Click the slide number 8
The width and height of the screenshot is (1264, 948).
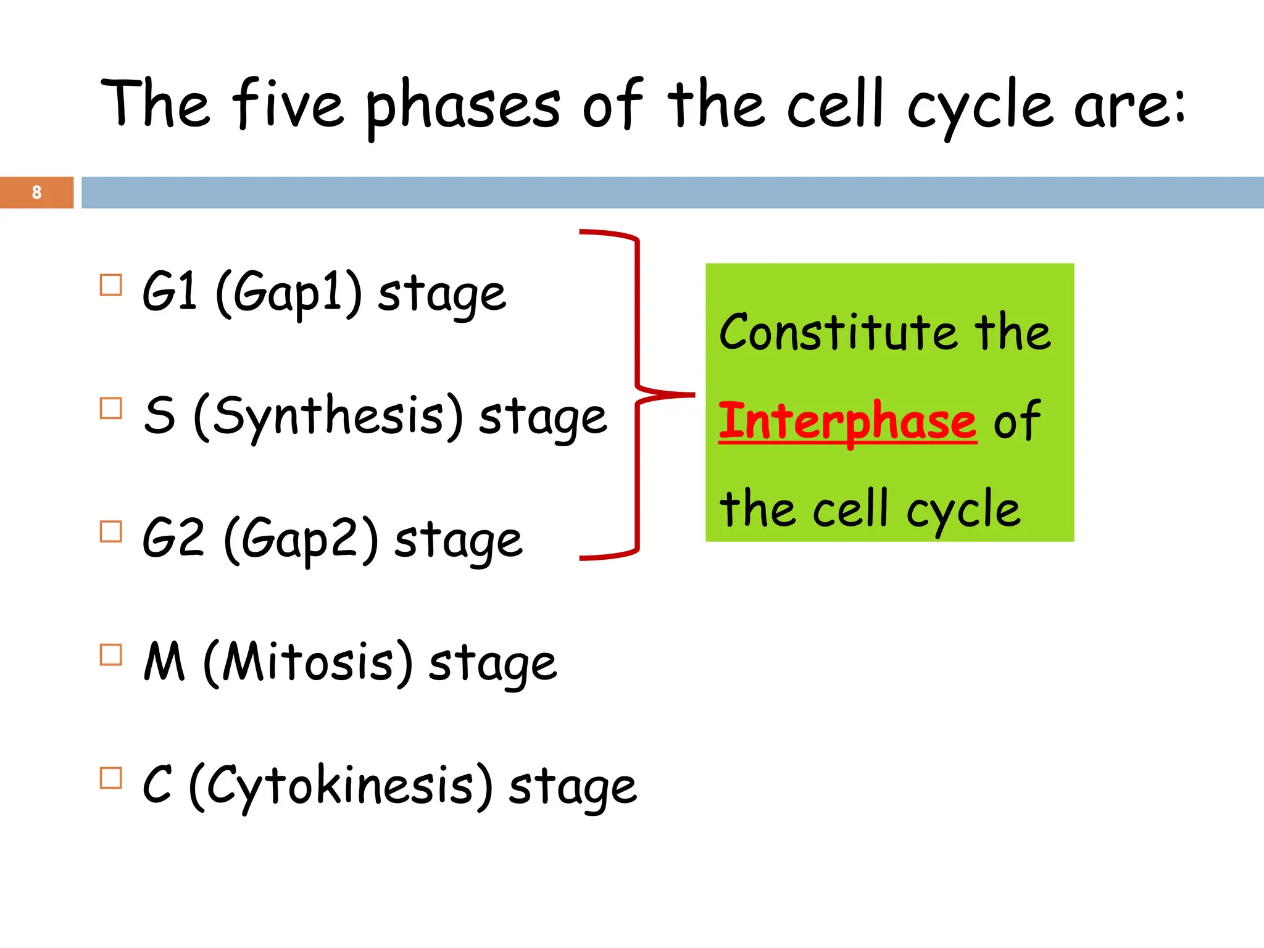click(36, 193)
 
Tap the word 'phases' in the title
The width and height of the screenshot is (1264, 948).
click(463, 106)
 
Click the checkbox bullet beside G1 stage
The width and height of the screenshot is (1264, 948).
click(111, 285)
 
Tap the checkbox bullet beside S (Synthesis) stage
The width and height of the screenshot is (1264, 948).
click(111, 408)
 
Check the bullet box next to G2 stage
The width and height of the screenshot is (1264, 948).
click(111, 531)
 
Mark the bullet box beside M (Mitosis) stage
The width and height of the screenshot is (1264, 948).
click(111, 654)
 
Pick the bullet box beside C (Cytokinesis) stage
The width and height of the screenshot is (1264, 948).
click(111, 778)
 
